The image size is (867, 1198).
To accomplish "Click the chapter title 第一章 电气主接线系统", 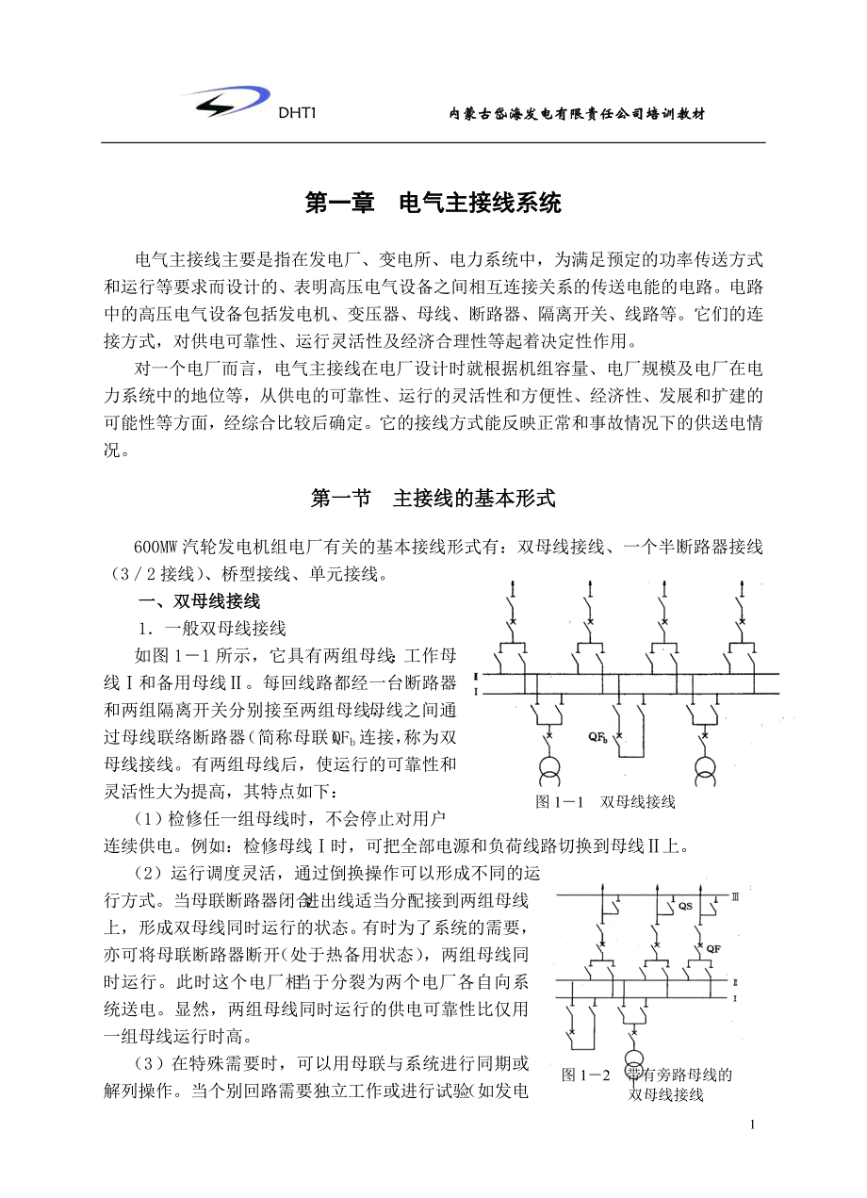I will [x=433, y=202].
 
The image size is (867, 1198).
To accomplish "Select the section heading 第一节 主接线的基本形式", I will [x=433, y=499].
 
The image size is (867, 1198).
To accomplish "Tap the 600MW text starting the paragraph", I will [x=156, y=547].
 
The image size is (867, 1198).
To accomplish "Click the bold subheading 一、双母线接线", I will [x=199, y=600].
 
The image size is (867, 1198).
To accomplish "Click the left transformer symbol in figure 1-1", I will [x=547, y=770].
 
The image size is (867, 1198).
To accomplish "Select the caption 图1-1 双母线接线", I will [x=605, y=802].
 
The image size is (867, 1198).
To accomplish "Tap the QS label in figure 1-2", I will [x=686, y=906].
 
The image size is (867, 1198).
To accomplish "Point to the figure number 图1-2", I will [x=586, y=1075].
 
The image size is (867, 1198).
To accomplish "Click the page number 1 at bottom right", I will [x=752, y=1124].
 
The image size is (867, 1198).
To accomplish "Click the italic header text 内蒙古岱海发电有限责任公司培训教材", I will [x=577, y=114].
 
